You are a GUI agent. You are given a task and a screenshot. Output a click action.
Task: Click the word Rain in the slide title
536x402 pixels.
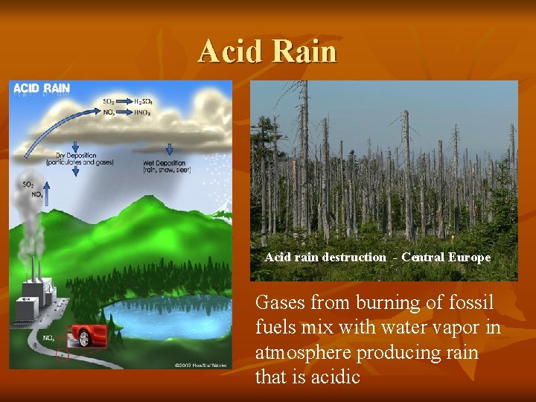[304, 52]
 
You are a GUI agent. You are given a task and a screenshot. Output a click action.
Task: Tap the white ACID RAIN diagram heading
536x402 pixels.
[42, 88]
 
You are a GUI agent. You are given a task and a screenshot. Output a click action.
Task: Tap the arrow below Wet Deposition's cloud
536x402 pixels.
[169, 148]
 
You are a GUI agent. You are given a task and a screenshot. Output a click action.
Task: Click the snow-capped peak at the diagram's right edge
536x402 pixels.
[223, 214]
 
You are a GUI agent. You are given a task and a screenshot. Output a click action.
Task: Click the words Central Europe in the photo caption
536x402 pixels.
[446, 258]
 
